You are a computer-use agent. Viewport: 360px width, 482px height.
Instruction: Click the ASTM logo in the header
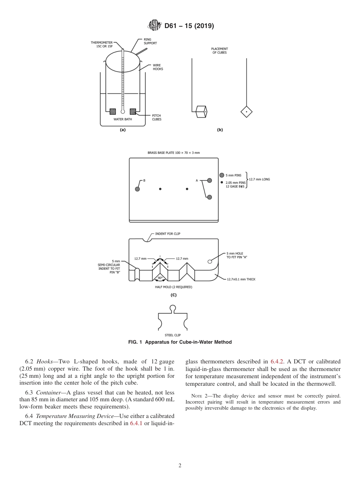coord(154,26)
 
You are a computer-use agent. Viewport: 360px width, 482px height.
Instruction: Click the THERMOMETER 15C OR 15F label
coord(101,44)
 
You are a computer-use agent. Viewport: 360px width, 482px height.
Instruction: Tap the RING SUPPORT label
coord(150,41)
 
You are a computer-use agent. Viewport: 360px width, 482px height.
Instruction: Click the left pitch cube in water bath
coord(113,111)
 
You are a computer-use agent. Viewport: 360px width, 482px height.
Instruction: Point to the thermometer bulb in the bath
coord(122,112)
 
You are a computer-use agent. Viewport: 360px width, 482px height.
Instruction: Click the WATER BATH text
coord(122,119)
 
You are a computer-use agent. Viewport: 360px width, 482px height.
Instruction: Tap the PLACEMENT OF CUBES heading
coord(219,50)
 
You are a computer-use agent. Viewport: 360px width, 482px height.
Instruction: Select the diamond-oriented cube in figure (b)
coord(247,112)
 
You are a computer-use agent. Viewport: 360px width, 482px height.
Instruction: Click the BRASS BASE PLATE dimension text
coord(174,153)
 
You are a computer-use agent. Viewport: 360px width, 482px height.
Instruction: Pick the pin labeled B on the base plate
coord(137,189)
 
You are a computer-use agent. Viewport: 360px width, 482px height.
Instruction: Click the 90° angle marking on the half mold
coord(160,278)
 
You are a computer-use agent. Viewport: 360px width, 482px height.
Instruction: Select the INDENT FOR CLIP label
coord(167,234)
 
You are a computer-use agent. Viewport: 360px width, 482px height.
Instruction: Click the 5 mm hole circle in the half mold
coord(210,261)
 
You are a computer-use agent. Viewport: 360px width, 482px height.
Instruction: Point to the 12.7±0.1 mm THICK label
coord(241,279)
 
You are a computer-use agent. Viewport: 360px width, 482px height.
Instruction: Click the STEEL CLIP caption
coord(172,335)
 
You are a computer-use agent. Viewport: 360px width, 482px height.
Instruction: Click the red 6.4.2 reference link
coord(275,361)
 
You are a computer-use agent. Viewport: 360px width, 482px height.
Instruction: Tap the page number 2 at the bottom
coord(180,466)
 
